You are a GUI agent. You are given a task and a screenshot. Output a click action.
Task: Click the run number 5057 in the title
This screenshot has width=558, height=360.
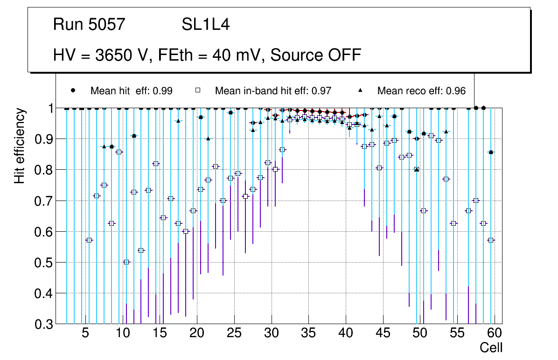tap(108, 25)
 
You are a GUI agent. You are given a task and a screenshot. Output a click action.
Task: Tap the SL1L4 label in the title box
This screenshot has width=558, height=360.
tap(206, 25)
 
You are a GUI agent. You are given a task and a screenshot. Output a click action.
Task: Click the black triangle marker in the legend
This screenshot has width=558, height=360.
tap(364, 90)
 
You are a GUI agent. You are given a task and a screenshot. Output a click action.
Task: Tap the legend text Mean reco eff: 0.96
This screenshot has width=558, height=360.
tap(421, 91)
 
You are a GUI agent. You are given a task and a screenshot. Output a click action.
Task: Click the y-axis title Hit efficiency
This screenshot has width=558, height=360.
tap(20, 146)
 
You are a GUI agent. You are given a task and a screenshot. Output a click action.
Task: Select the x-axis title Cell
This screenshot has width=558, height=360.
tap(491, 347)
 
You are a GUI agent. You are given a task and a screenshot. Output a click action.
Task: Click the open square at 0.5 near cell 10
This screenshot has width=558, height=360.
tap(126, 262)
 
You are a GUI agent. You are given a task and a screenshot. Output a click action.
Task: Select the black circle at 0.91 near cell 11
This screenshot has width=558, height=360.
tap(134, 136)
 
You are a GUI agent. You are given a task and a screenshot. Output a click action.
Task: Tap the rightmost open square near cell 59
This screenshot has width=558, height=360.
tap(491, 240)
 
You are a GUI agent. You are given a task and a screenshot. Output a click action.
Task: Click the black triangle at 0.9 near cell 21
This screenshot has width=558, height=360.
tap(208, 138)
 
